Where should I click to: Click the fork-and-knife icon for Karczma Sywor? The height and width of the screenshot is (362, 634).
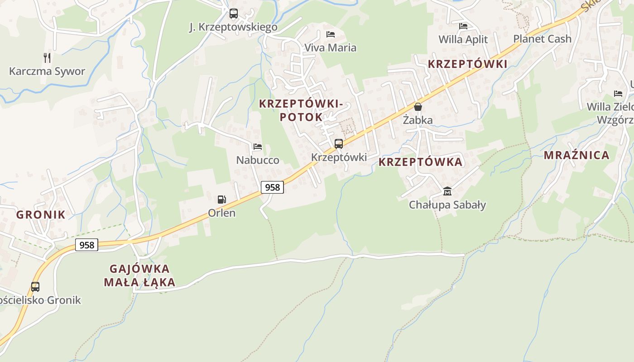pyautogui.click(x=47, y=57)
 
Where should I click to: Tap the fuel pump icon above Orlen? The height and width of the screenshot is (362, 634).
pyautogui.click(x=221, y=199)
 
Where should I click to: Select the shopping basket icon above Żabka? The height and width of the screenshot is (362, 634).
pyautogui.click(x=418, y=107)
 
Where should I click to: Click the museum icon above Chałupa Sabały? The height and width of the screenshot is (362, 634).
pyautogui.click(x=447, y=191)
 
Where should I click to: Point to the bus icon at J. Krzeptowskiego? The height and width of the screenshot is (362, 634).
pyautogui.click(x=233, y=14)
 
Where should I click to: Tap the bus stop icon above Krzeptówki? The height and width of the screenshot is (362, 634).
pyautogui.click(x=338, y=144)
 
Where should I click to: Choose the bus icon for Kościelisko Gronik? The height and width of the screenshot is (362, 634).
pyautogui.click(x=35, y=286)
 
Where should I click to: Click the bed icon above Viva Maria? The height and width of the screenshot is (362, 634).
pyautogui.click(x=331, y=34)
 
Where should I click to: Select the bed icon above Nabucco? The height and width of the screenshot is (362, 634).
pyautogui.click(x=258, y=147)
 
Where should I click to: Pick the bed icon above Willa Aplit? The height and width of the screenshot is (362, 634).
pyautogui.click(x=463, y=26)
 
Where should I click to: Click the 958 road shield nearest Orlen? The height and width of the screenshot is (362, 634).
pyautogui.click(x=272, y=187)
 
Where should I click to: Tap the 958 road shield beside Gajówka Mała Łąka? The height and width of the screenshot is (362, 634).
pyautogui.click(x=86, y=245)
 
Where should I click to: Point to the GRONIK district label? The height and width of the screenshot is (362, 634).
pyautogui.click(x=41, y=214)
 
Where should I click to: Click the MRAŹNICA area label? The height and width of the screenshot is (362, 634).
pyautogui.click(x=576, y=155)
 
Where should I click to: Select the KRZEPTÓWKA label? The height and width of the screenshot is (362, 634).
pyautogui.click(x=420, y=162)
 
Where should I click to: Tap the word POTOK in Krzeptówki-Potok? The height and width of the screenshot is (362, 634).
pyautogui.click(x=301, y=117)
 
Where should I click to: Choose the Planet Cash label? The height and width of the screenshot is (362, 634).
pyautogui.click(x=542, y=39)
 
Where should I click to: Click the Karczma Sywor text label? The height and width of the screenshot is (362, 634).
pyautogui.click(x=47, y=71)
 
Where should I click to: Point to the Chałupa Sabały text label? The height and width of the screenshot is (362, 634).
pyautogui.click(x=447, y=205)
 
